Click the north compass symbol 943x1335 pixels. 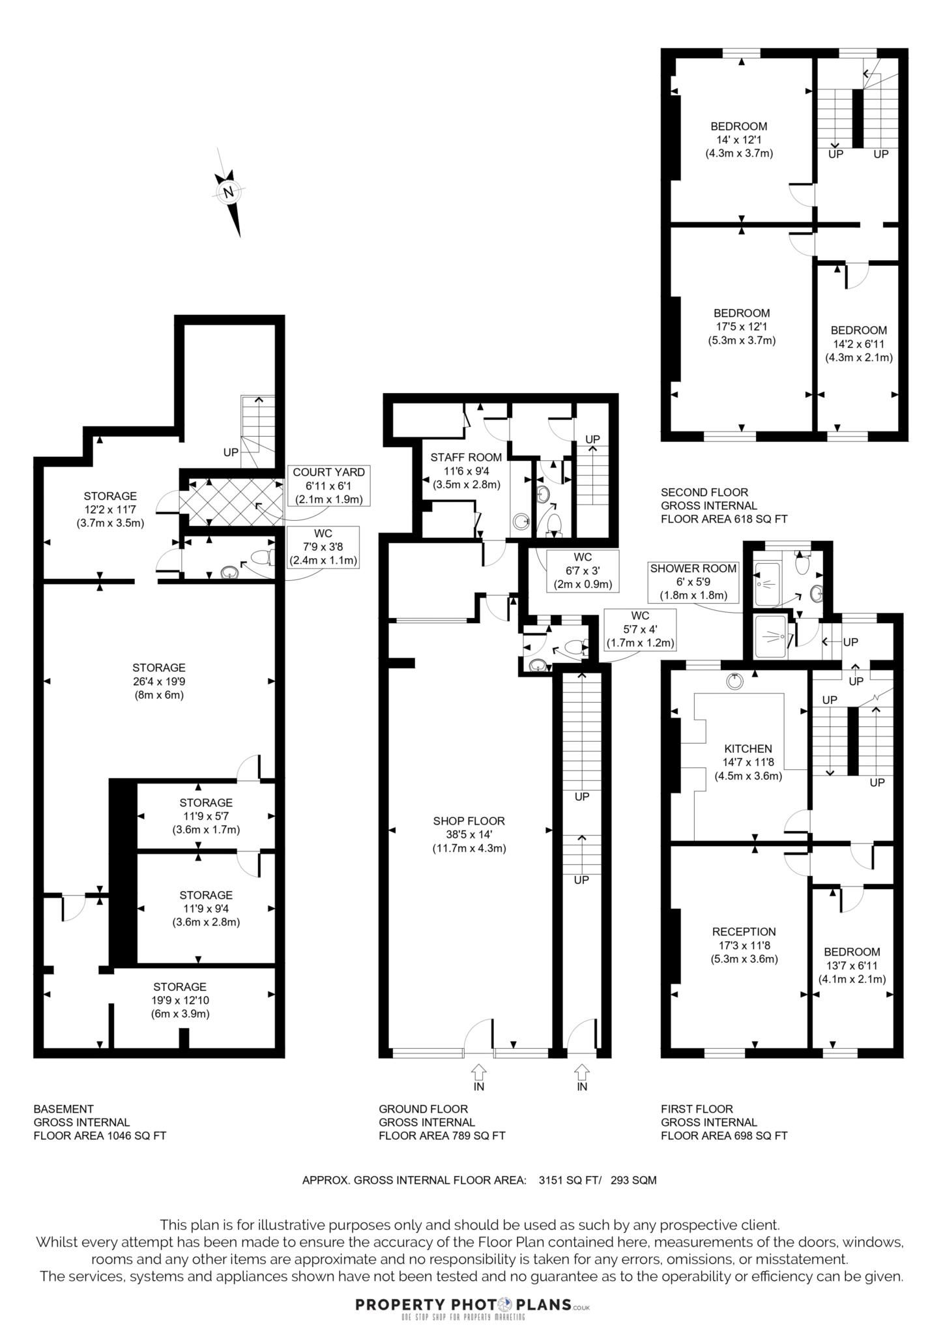[x=229, y=192]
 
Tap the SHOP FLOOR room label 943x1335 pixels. [x=469, y=834]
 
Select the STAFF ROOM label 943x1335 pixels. [x=466, y=471]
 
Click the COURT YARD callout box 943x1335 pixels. [x=328, y=486]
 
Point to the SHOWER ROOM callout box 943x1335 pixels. [x=693, y=582]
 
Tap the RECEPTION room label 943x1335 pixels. [x=744, y=945]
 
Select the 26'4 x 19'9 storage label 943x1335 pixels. [x=159, y=681]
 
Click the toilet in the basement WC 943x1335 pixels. [x=262, y=558]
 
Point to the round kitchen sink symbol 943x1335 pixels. [x=734, y=681]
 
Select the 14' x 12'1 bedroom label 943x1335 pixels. [x=738, y=139]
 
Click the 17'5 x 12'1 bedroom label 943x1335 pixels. [x=742, y=327]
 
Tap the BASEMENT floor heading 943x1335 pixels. [x=64, y=1108]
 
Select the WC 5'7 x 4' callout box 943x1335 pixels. [x=639, y=630]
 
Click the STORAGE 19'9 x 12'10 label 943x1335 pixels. [x=180, y=1000]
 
